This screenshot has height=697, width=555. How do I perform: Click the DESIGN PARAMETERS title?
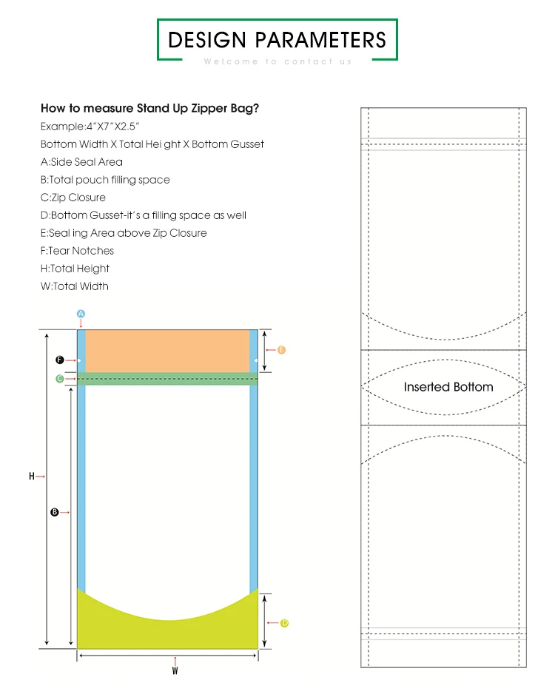277,39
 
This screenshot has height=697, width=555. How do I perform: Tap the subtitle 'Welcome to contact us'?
277,61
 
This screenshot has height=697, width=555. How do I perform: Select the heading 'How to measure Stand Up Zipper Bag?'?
149,108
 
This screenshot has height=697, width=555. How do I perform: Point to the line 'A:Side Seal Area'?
81,162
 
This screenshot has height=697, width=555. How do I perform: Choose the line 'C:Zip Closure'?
73,198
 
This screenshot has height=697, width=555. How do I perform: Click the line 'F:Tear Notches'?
77,251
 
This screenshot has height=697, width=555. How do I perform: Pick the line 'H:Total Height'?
75,269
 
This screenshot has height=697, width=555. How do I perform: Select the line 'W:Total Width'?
74,286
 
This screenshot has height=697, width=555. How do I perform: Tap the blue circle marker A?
81,314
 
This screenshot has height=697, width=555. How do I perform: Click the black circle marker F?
59,360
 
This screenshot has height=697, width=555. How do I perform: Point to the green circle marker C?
59,379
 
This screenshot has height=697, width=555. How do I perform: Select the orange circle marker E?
281,350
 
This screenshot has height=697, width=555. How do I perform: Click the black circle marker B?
54,511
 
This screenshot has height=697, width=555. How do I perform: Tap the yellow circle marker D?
284,623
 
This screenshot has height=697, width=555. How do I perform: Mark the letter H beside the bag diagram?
32,477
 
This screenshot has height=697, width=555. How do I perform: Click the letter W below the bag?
175,671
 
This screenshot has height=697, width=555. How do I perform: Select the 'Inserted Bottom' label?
448,387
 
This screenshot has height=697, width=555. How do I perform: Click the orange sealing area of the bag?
168,351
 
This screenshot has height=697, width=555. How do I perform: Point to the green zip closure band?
168,379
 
